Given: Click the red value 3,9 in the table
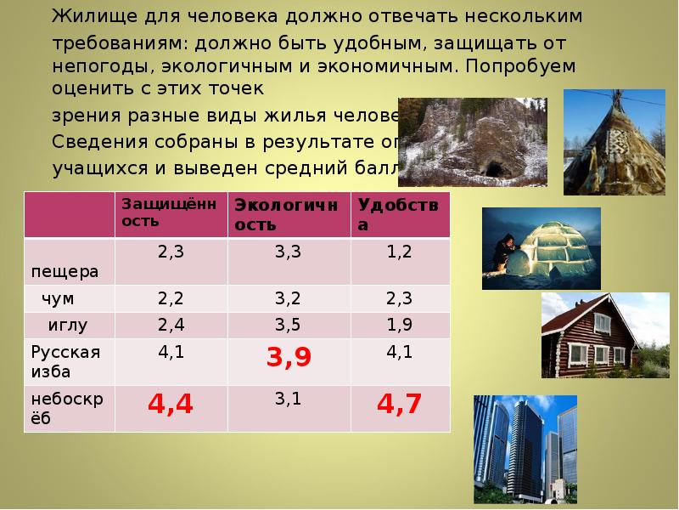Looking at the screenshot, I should [x=289, y=358].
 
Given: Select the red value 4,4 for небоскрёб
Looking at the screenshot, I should [x=171, y=405].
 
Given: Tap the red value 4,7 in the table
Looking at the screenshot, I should [x=399, y=405].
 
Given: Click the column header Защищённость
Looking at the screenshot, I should [x=169, y=212].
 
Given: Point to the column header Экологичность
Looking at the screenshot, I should [x=286, y=214].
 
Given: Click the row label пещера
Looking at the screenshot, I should [x=65, y=272].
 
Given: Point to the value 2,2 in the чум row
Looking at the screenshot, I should [x=171, y=297].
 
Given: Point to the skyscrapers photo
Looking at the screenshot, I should [x=525, y=450].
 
